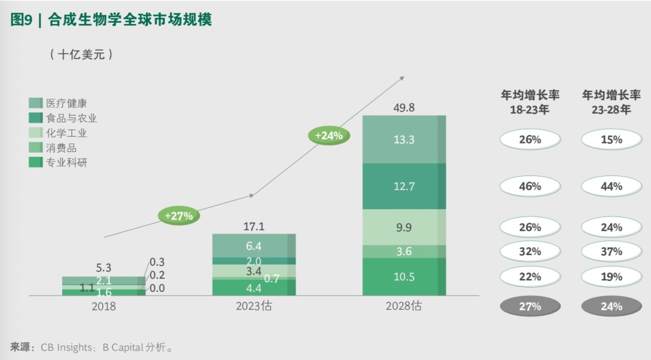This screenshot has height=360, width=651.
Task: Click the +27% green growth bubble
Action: (179, 216)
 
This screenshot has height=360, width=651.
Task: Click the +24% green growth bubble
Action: (329, 136)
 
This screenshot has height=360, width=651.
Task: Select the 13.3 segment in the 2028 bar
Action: (403, 139)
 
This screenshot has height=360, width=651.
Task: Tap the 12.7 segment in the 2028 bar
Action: (403, 186)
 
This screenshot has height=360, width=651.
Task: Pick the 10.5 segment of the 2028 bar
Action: (403, 277)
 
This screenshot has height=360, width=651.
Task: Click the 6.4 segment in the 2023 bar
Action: (253, 245)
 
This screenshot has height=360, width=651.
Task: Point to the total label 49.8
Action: (404, 108)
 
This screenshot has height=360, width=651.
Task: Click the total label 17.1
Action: (254, 227)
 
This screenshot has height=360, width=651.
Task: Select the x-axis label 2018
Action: (104, 306)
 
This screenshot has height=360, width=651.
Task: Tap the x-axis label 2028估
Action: (404, 306)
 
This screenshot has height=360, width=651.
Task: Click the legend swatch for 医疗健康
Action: (36, 104)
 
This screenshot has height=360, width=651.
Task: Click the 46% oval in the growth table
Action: (530, 186)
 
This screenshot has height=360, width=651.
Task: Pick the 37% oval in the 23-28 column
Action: (611, 251)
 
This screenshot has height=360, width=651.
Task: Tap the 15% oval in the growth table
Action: (611, 140)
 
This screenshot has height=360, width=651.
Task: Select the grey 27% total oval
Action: (530, 306)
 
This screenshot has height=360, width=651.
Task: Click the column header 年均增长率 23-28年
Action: (611, 103)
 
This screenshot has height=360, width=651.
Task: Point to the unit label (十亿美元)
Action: (81, 54)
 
